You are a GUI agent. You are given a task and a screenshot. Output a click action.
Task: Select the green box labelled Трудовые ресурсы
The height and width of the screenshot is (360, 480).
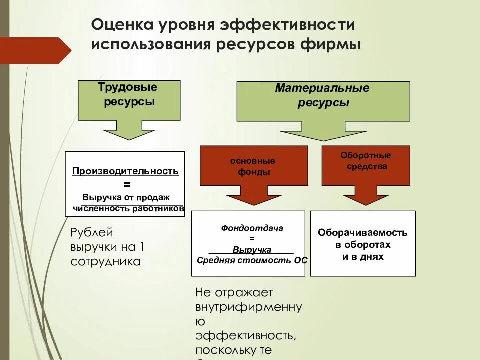click(129, 100)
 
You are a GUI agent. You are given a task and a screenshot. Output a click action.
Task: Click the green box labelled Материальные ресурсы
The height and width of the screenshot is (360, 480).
click(323, 101)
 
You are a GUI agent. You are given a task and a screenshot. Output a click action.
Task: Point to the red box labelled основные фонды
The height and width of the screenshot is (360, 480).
click(253, 165)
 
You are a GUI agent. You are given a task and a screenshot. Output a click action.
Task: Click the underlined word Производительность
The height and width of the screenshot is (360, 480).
click(125, 171)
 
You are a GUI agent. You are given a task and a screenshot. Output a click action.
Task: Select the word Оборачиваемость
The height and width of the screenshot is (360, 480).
click(363, 233)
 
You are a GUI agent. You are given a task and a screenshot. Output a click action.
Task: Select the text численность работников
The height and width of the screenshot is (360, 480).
click(129, 208)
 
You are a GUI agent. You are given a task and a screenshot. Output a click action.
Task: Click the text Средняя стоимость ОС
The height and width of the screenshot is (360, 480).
click(252, 260)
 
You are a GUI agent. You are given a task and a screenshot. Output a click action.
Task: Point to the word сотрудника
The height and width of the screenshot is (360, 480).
click(106, 261)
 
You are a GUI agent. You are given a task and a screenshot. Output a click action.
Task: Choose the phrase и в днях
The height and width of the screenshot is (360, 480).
click(363, 257)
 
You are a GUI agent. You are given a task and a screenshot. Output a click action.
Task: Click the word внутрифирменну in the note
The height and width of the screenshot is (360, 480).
click(249, 307)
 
